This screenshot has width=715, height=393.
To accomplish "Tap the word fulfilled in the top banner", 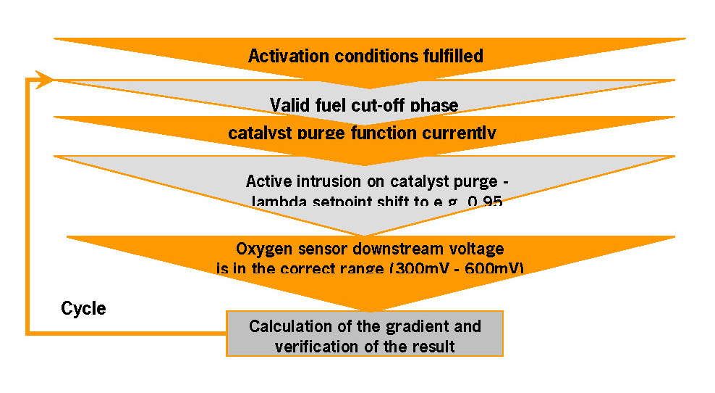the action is coord(449,56).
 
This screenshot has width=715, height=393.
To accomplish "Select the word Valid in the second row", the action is coord(289,106).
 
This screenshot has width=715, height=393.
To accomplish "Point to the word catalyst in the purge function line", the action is coord(256,133).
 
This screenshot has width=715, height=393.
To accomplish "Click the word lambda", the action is coord(274,202).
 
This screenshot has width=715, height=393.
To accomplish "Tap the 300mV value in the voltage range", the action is coord(418,269).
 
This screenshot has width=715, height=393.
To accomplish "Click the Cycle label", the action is coord(83,309).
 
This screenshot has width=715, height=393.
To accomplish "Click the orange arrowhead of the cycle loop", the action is coord(46,79).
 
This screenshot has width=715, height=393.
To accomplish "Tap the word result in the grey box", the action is coord(434,346).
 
